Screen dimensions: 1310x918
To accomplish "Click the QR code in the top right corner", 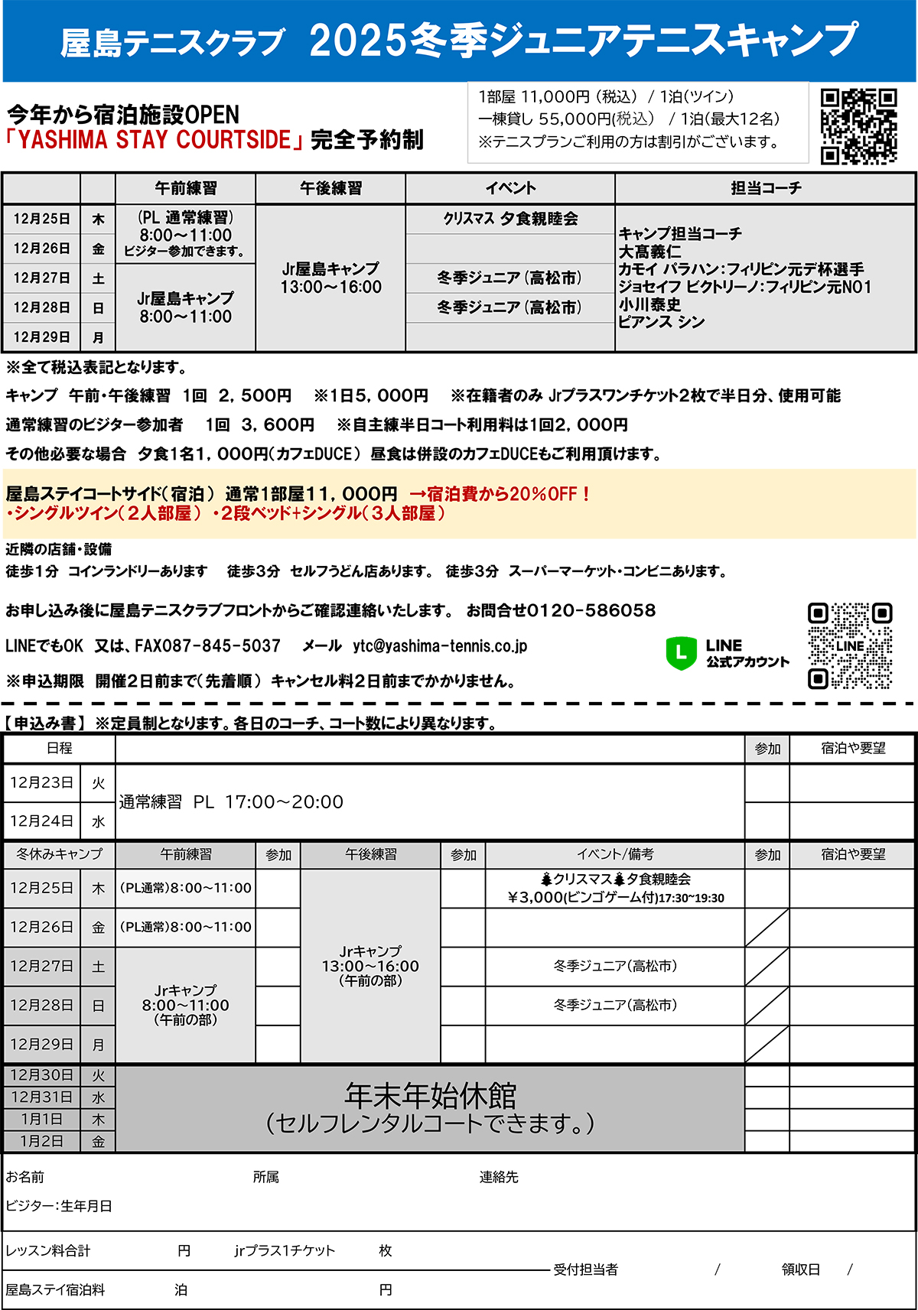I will click(858, 126).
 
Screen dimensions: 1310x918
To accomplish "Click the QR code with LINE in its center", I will click(850, 646).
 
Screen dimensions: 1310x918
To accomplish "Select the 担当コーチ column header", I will click(765, 188).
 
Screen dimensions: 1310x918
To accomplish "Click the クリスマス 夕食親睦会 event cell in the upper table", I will click(510, 219).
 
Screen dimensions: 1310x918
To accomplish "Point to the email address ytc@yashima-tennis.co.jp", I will click(440, 646).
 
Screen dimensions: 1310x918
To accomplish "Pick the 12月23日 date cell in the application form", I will click(42, 783).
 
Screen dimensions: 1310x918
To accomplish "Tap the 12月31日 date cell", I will click(42, 1097).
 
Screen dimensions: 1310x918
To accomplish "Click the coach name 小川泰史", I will click(649, 304).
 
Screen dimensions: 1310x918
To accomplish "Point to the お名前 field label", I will click(25, 1177).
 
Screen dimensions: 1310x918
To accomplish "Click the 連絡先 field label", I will click(499, 1177).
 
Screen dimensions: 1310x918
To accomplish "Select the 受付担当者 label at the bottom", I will click(585, 1269).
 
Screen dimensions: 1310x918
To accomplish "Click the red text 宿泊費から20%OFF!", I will click(500, 494).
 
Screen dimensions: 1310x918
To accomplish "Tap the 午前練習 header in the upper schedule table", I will click(185, 188).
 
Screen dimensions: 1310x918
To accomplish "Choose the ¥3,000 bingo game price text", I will click(616, 898).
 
